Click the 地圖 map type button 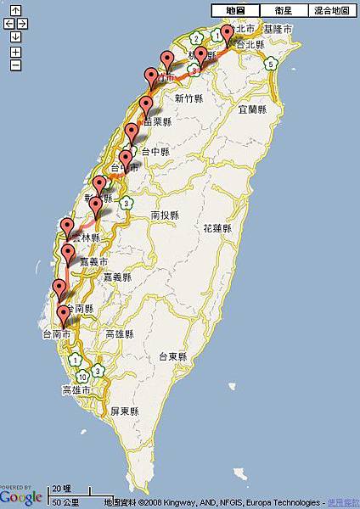(235, 10)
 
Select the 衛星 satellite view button (283, 10)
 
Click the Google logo (21, 496)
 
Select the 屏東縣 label (124, 411)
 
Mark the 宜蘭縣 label (252, 110)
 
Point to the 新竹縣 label (190, 99)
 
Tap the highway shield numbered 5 (271, 64)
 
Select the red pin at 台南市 (63, 315)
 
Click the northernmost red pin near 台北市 (227, 34)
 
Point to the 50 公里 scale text (65, 502)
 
